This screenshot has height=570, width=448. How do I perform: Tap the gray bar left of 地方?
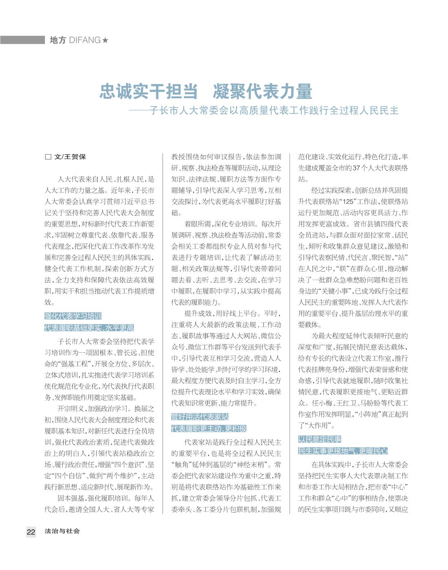[22, 40]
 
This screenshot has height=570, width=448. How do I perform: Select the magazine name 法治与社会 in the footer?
[62, 531]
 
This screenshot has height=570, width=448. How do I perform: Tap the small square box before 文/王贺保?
[48, 157]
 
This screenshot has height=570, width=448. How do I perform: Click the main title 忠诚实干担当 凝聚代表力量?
[206, 92]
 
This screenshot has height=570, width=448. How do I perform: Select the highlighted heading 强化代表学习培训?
[73, 316]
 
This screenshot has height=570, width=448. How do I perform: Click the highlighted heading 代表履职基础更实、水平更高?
[89, 328]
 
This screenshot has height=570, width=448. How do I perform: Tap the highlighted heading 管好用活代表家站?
[200, 417]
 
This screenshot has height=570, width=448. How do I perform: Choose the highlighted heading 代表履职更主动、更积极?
[209, 429]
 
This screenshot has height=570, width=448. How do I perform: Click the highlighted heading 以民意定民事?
[320, 439]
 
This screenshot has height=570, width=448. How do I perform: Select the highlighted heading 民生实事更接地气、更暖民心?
[343, 451]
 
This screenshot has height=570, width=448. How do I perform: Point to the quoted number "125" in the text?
[348, 202]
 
